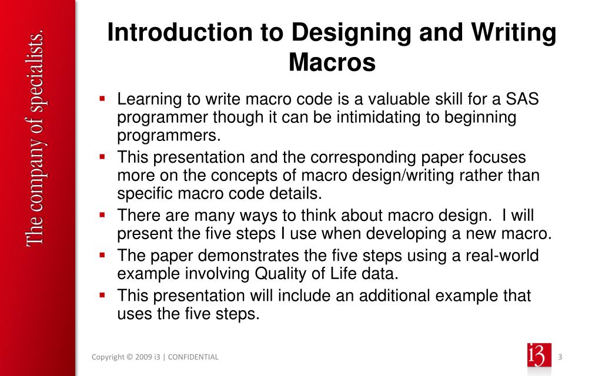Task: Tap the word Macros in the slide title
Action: coord(332,62)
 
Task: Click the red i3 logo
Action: coord(540,357)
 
